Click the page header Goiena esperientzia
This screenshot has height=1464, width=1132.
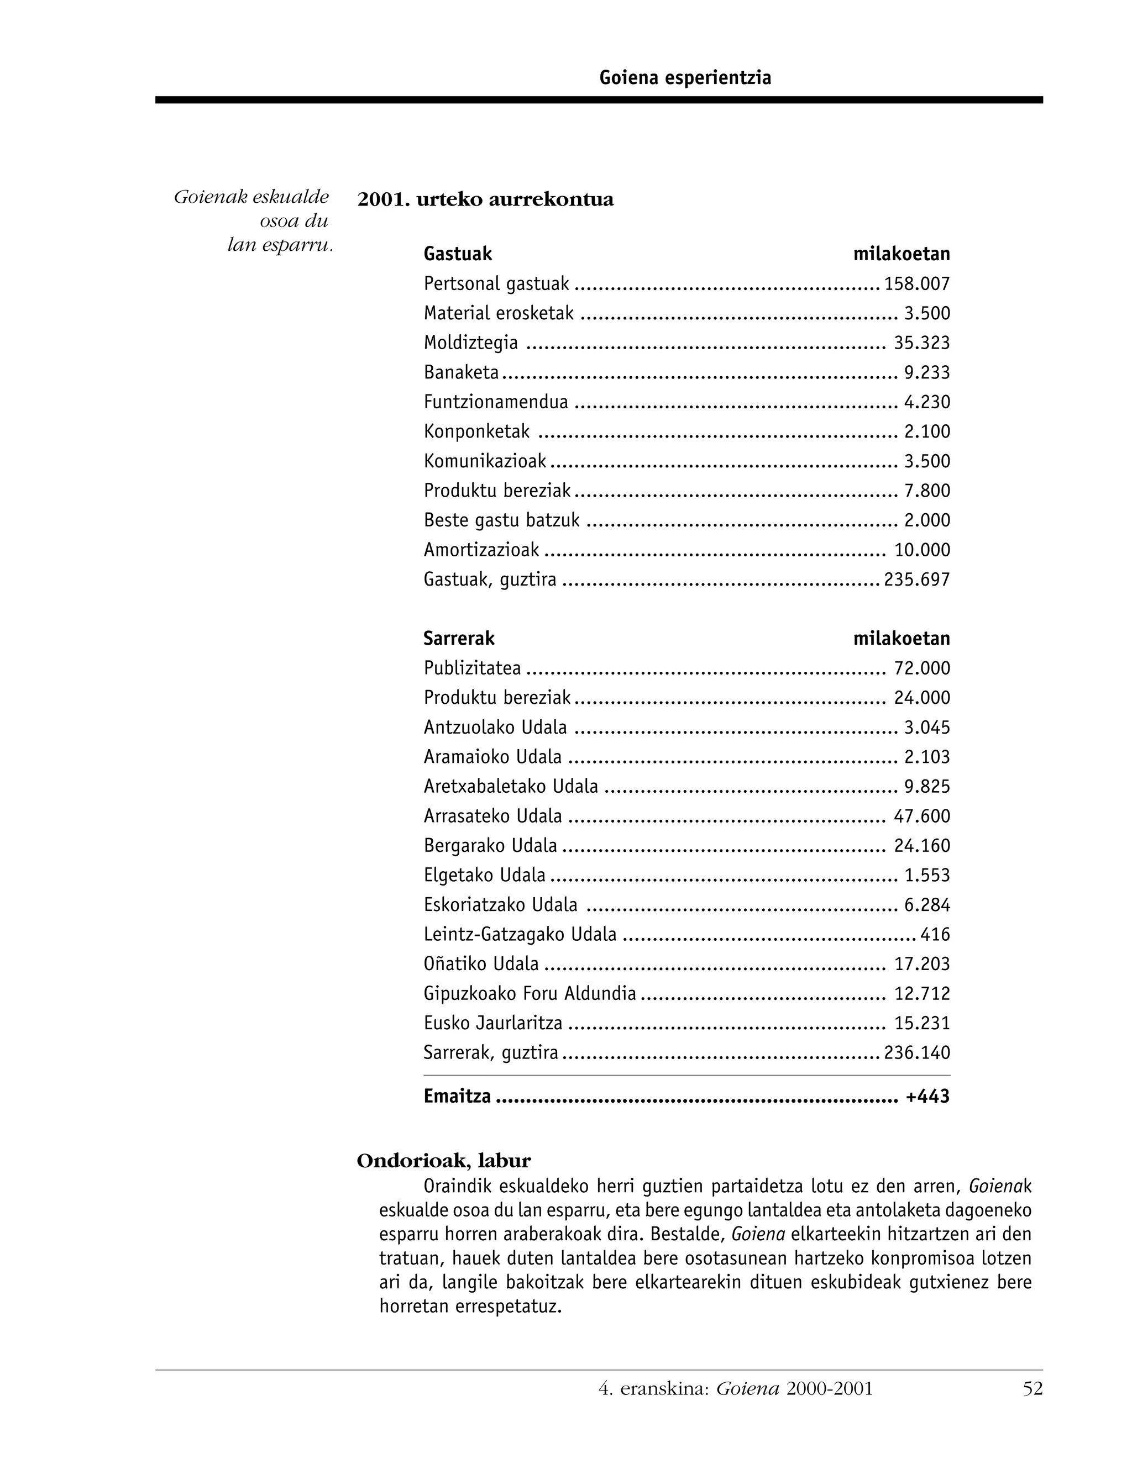click(685, 78)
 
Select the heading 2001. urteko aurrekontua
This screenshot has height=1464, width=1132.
click(485, 200)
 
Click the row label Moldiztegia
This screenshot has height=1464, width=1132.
click(470, 343)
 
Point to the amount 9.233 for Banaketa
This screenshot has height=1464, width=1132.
click(927, 373)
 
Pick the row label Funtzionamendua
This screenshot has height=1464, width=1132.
click(496, 402)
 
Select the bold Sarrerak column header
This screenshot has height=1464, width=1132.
click(459, 639)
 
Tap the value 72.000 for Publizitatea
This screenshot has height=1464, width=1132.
click(921, 668)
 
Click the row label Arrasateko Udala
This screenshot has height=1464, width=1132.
click(493, 817)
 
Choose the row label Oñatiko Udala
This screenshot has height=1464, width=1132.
click(481, 964)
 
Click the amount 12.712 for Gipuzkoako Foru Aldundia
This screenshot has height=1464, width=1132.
click(921, 993)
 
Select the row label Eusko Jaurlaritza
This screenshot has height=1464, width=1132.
click(493, 1024)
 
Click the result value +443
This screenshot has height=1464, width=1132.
click(927, 1097)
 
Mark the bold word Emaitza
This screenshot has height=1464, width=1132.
click(457, 1097)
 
